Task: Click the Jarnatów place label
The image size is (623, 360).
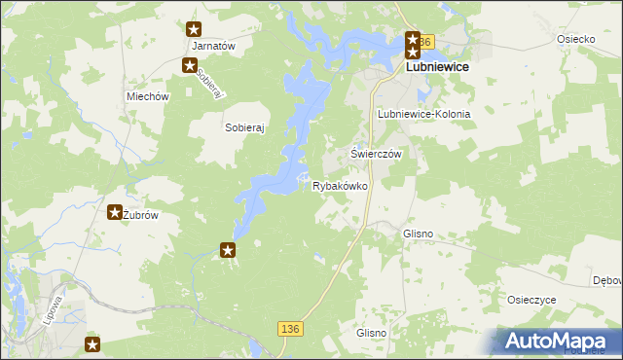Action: tap(215, 46)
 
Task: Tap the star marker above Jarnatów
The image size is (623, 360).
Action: tap(195, 30)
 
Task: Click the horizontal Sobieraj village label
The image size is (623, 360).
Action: tap(246, 126)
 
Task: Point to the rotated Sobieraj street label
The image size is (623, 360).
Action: tap(210, 84)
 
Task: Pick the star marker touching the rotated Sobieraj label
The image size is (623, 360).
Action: tap(190, 65)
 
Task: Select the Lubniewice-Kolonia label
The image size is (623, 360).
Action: tap(423, 114)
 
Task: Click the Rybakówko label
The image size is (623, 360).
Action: tap(340, 186)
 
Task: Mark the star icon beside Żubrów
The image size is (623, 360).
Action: tap(114, 212)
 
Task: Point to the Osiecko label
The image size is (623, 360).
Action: tap(575, 39)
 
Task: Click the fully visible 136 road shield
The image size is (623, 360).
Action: tap(288, 331)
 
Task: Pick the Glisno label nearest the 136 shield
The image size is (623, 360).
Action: tap(372, 333)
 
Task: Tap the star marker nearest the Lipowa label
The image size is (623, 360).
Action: tap(92, 343)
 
